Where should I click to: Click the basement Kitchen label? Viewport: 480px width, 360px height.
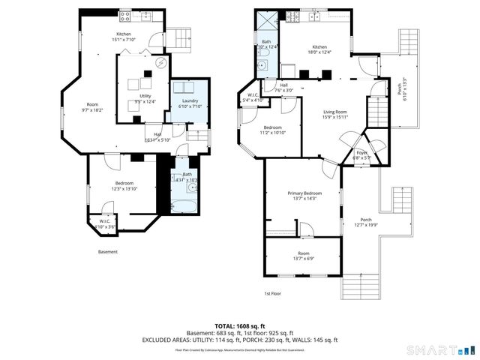click(124, 34)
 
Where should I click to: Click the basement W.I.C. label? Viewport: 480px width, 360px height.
click(105, 220)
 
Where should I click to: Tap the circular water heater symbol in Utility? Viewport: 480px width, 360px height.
click(160, 64)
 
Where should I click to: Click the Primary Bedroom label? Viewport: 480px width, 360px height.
click(303, 193)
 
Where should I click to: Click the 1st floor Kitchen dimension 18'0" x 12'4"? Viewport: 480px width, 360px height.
click(320, 52)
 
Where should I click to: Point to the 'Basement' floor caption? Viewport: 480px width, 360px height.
click(108, 252)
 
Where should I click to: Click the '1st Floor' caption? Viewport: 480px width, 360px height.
click(272, 293)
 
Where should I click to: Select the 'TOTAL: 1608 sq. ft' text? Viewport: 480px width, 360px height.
click(239, 326)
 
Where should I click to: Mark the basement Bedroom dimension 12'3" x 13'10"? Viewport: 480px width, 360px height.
click(124, 189)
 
